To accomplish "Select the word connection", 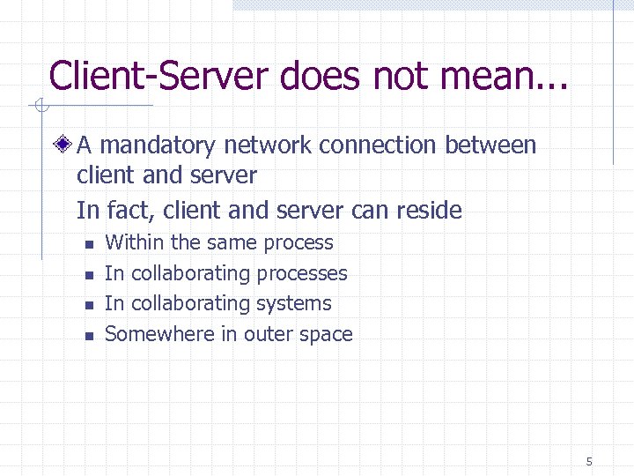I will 380,145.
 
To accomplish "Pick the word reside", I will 431,211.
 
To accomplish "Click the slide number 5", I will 588,461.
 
